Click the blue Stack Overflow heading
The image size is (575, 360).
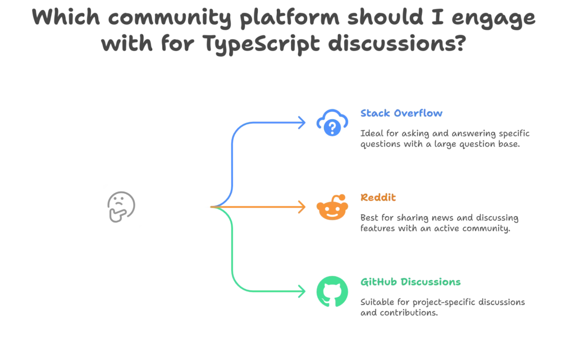(x=401, y=113)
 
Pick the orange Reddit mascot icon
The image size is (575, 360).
(x=333, y=208)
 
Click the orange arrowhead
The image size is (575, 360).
(x=303, y=207)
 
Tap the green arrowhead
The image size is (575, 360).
(x=303, y=292)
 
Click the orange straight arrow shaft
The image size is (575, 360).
(x=258, y=207)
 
